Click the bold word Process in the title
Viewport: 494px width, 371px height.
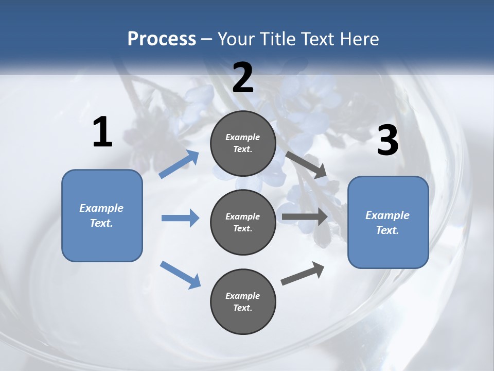pos(162,39)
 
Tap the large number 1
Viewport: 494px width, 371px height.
pos(102,132)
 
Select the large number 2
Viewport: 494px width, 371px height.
pos(243,78)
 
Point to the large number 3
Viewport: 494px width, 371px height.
pos(387,141)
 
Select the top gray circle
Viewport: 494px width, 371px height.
pos(243,143)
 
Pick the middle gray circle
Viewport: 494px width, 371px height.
pos(243,223)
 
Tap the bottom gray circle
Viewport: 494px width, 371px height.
pos(243,302)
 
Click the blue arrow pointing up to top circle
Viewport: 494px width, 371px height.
pos(179,164)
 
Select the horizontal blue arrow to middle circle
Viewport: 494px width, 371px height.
pos(180,218)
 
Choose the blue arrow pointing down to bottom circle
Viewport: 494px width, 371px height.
pos(180,275)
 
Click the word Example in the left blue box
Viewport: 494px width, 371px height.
pos(101,208)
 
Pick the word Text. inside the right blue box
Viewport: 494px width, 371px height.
pos(387,230)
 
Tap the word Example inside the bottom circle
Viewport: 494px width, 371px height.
pos(243,296)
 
